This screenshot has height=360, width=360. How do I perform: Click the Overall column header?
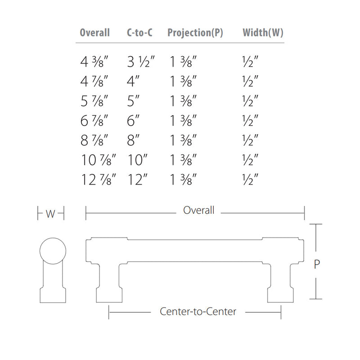click(94, 32)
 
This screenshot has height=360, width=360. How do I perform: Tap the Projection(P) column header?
click(195, 32)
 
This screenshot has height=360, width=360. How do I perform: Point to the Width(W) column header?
click(263, 32)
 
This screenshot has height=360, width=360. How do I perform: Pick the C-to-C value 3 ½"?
click(140, 61)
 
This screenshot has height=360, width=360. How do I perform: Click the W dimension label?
click(51, 214)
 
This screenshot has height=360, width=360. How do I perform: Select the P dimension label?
click(317, 265)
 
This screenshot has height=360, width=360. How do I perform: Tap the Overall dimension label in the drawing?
click(198, 210)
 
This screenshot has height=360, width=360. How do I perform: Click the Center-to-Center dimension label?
click(198, 311)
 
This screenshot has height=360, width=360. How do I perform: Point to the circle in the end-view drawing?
click(53, 251)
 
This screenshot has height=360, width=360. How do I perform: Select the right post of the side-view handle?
click(281, 281)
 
